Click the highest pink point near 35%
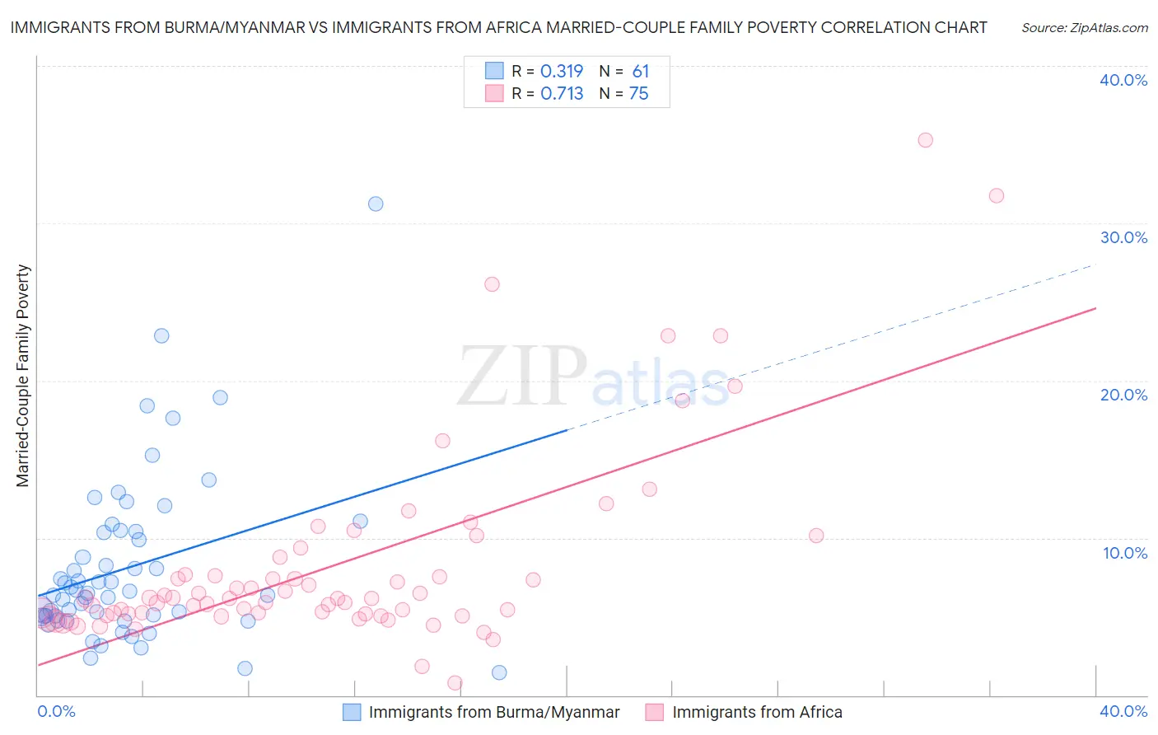point(925,140)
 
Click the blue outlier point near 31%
point(376,204)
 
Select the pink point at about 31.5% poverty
point(996,195)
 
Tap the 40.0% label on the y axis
point(1123,80)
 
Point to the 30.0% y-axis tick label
point(1123,237)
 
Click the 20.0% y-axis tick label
point(1123,395)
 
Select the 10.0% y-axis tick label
point(1123,553)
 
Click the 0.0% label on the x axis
point(57,711)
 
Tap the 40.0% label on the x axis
point(1123,711)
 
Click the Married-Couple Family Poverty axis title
point(23,376)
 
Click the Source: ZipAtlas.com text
point(1084,28)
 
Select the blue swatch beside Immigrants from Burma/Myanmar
point(352,712)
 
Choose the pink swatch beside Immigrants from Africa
point(655,712)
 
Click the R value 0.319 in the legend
point(562,71)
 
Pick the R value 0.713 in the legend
point(562,94)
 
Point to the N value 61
point(641,71)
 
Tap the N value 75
point(639,94)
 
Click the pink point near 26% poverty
point(492,284)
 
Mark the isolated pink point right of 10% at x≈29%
point(816,536)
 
